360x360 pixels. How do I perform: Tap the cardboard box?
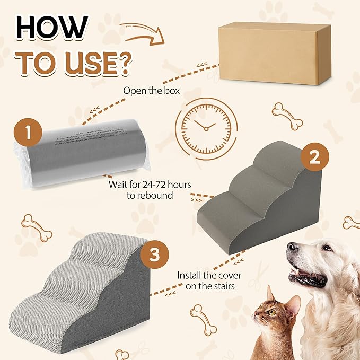coord(275,53)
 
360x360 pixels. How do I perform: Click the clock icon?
coord(204,126)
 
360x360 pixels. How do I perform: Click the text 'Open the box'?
coord(152,90)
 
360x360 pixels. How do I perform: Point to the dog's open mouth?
coord(310,276)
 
